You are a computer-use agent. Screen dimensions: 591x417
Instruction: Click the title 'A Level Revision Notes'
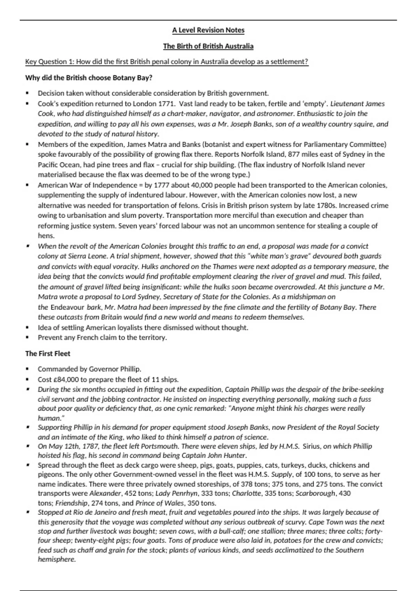[x=208, y=30]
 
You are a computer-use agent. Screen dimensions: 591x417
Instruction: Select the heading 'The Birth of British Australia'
[x=208, y=46]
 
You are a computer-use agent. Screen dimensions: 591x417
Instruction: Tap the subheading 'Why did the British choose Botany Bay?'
[x=89, y=78]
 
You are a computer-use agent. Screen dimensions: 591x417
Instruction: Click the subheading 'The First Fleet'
[x=48, y=354]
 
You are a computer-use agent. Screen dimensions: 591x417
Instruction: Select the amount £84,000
[x=66, y=379]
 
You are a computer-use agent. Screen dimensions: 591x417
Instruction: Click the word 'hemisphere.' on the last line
[x=57, y=559]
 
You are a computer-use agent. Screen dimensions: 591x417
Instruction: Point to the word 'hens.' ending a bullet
[x=46, y=236]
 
